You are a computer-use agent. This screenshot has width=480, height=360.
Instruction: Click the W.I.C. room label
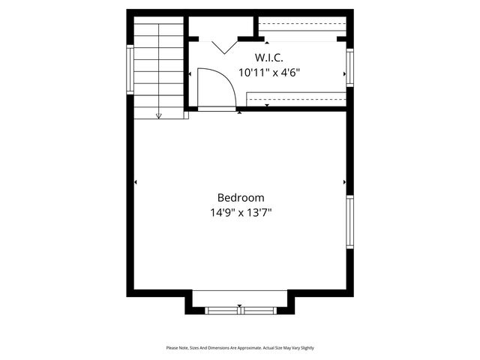click(x=269, y=58)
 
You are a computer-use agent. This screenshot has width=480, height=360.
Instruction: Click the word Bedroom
click(x=241, y=197)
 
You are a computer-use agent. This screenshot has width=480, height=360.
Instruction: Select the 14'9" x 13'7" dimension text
click(x=241, y=212)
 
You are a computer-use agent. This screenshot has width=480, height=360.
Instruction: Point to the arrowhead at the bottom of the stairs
click(x=159, y=116)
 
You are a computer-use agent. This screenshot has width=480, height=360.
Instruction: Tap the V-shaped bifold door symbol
click(x=224, y=46)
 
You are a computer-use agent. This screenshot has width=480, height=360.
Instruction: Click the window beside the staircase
click(x=130, y=69)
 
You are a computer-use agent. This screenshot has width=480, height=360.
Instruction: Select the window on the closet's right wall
click(x=349, y=66)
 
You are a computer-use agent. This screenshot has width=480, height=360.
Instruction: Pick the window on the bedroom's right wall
click(x=349, y=221)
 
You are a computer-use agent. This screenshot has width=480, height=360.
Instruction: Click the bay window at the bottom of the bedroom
click(x=240, y=310)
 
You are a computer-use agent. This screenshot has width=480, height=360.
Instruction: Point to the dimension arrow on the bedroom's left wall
click(x=136, y=182)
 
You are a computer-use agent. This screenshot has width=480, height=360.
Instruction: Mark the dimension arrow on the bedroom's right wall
click(x=344, y=182)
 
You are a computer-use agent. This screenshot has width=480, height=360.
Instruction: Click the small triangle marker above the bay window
click(x=240, y=306)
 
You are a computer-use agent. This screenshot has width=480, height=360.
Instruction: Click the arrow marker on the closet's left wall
click(x=190, y=73)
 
